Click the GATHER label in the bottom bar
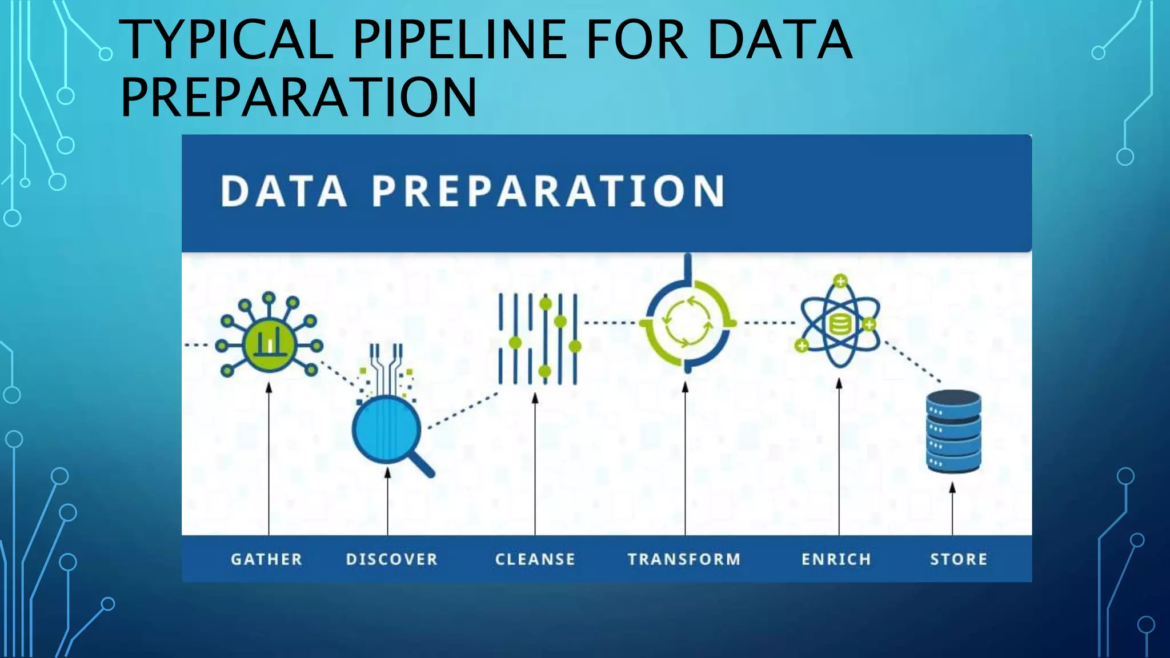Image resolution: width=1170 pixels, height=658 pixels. (266, 559)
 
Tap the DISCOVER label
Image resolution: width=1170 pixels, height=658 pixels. (392, 559)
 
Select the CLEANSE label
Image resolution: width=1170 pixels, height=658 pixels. (535, 559)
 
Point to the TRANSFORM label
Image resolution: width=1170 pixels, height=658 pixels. (684, 559)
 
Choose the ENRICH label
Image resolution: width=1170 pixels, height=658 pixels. (836, 559)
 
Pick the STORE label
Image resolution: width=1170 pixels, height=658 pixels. (959, 559)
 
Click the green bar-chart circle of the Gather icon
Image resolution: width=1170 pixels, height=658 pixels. (269, 344)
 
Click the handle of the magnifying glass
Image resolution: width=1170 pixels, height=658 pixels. (422, 463)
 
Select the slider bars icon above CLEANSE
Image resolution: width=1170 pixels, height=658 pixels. (538, 339)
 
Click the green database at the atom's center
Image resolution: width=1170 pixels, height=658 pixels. (840, 325)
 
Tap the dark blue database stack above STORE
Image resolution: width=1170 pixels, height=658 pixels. (953, 431)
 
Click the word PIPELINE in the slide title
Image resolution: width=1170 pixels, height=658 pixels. (460, 40)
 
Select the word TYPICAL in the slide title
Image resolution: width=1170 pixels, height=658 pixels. (226, 40)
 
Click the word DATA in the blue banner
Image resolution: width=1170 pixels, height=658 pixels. (284, 191)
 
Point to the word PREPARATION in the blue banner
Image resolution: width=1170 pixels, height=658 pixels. (548, 191)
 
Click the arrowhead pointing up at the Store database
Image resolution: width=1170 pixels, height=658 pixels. (952, 487)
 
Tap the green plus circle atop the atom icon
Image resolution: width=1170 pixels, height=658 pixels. (840, 281)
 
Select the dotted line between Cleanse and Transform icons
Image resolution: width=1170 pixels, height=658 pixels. (610, 323)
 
